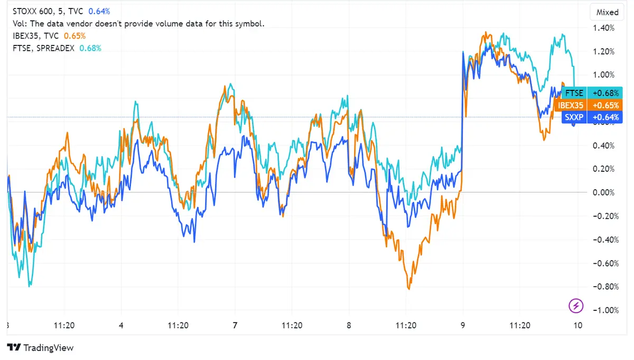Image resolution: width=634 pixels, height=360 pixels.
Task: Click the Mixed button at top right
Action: tap(607, 12)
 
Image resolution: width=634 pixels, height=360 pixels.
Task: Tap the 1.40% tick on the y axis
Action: tap(604, 28)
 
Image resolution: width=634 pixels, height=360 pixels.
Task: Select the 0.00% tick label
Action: tap(604, 192)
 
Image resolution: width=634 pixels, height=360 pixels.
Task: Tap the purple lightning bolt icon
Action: tap(576, 305)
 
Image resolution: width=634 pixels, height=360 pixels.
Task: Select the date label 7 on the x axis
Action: tap(235, 326)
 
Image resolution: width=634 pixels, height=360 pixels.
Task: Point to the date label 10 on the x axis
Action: tap(578, 326)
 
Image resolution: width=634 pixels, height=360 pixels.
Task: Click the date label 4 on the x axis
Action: tap(122, 326)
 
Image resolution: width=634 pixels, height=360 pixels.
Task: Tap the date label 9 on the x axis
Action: tap(463, 326)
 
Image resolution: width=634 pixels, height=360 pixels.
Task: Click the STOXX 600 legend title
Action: tap(33, 11)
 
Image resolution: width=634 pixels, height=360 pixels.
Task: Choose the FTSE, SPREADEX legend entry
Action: tap(43, 48)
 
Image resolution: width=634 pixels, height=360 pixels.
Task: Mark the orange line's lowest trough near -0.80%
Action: tap(408, 288)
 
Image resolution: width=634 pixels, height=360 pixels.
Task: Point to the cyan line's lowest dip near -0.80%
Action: tap(29, 285)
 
